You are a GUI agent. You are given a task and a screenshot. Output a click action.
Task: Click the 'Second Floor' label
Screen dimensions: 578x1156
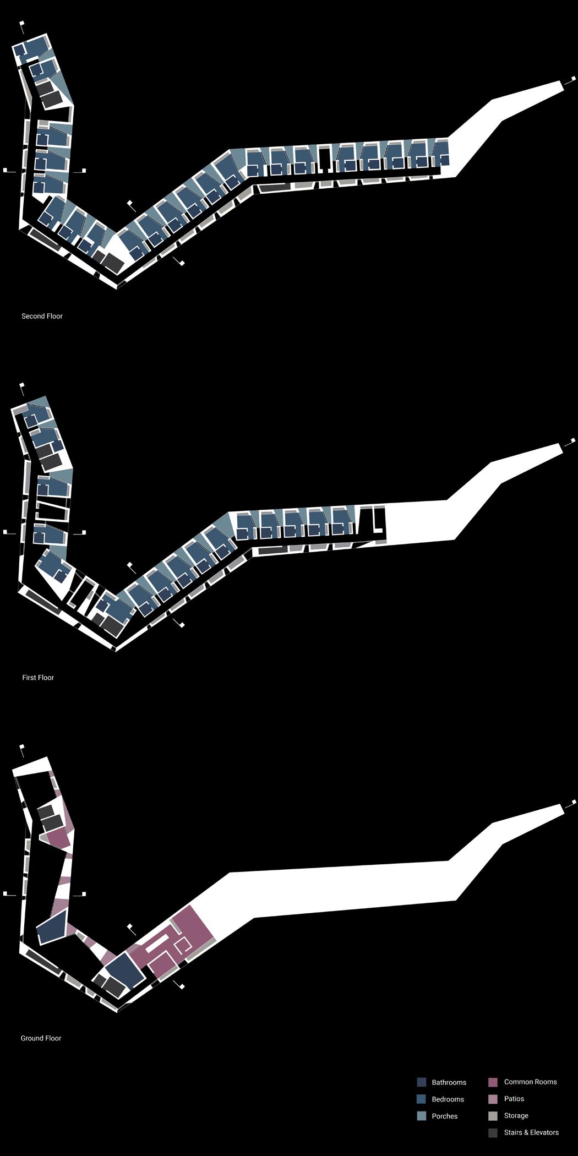(x=42, y=316)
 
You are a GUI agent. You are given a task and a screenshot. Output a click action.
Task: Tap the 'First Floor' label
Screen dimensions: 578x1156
(x=38, y=678)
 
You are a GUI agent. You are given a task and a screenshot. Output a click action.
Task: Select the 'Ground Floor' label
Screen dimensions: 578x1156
(x=41, y=1038)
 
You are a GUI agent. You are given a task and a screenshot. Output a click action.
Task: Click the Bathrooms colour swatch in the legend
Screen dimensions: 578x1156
(x=422, y=1082)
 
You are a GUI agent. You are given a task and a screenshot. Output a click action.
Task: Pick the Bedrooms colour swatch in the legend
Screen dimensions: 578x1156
(x=422, y=1099)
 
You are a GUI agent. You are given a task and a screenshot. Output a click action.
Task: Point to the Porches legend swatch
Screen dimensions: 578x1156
(x=422, y=1116)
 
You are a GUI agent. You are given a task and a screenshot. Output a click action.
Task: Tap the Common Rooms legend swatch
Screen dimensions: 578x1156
(x=493, y=1082)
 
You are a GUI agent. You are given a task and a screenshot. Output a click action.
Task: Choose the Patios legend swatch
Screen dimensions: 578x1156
(x=493, y=1099)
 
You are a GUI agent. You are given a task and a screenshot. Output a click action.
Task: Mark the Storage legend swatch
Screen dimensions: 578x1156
(x=493, y=1116)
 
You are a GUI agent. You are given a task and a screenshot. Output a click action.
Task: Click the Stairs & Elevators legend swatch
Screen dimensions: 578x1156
(x=493, y=1133)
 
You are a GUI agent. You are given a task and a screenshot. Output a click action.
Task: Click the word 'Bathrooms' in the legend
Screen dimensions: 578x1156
(x=449, y=1082)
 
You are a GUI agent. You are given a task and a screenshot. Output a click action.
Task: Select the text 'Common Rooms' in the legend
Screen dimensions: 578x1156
(x=530, y=1082)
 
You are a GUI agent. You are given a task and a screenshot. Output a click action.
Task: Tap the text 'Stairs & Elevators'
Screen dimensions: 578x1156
(x=531, y=1132)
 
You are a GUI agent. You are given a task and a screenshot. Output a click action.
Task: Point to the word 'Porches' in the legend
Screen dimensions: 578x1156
(x=445, y=1116)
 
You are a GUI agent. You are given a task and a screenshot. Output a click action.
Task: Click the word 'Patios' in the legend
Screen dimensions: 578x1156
(x=514, y=1099)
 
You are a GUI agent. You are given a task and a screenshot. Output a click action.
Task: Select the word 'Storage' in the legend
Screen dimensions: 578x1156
(x=516, y=1116)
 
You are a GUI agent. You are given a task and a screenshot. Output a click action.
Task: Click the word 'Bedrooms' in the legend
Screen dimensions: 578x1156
(x=448, y=1099)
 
